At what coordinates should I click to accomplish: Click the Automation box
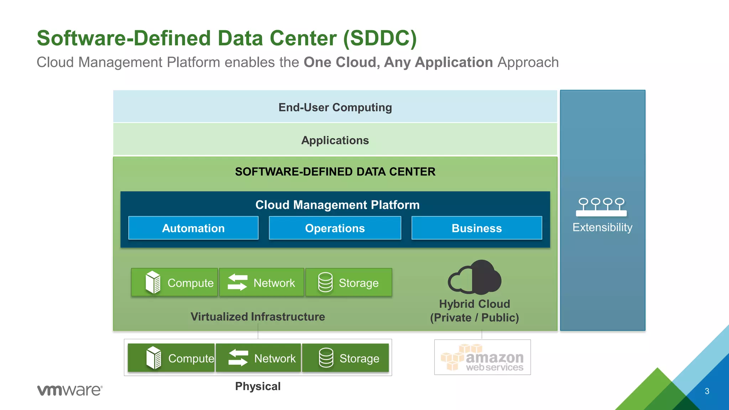[x=193, y=228]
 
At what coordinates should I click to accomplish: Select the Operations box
[x=335, y=228]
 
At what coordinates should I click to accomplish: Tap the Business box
[x=477, y=228]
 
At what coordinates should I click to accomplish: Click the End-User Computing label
[x=335, y=107]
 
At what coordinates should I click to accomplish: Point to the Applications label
[x=335, y=140]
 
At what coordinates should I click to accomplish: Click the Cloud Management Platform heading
[x=337, y=205]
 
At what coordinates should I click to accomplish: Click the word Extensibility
[x=602, y=227]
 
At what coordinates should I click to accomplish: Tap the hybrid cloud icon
[x=474, y=278]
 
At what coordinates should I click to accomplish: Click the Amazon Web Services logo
[x=482, y=357]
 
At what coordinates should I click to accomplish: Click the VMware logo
[x=70, y=390]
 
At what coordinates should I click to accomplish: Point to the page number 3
[x=707, y=391]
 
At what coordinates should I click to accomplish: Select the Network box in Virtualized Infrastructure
[x=262, y=283]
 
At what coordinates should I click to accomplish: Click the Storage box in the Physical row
[x=345, y=358]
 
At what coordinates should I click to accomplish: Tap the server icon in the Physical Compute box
[x=154, y=358]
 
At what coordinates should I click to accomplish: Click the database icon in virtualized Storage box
[x=325, y=283]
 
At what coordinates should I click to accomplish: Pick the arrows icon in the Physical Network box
[x=238, y=358]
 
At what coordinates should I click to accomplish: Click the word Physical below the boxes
[x=258, y=387]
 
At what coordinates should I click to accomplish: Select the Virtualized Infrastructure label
[x=257, y=317]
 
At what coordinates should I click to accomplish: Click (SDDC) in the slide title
[x=379, y=38]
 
